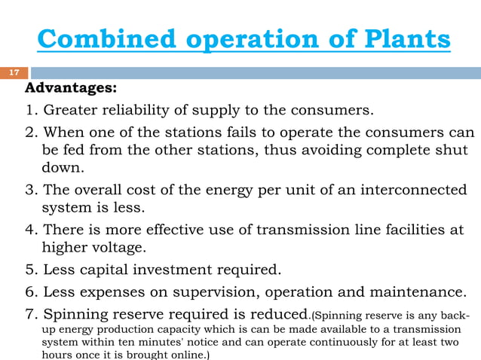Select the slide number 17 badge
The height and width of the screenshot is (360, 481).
click(14, 73)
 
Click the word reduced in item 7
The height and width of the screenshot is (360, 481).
click(280, 313)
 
